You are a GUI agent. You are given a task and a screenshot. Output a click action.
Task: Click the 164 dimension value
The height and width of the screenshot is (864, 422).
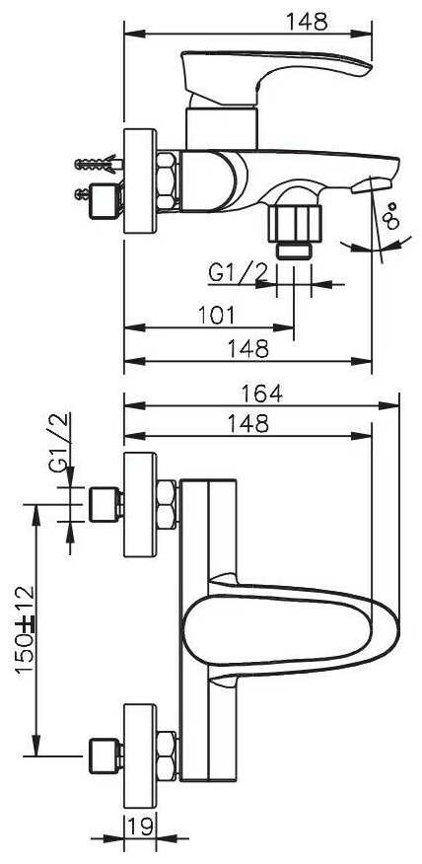coord(261,394)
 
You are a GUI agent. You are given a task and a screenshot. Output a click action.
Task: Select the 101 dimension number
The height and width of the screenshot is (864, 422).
coord(217,316)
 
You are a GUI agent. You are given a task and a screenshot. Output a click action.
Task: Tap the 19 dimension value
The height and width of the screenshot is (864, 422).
coord(140,827)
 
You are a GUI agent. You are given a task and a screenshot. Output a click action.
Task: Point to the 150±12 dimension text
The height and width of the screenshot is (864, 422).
coord(25,628)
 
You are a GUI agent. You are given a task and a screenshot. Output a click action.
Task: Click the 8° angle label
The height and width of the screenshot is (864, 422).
coord(391,215)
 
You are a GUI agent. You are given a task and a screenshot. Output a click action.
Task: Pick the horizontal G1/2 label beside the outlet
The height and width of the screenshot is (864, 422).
coord(238,273)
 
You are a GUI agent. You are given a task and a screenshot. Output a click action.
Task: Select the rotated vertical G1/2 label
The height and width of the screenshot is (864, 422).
coord(60,442)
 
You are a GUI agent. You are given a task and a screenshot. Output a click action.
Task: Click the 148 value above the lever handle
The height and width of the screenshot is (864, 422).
coord(307,22)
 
